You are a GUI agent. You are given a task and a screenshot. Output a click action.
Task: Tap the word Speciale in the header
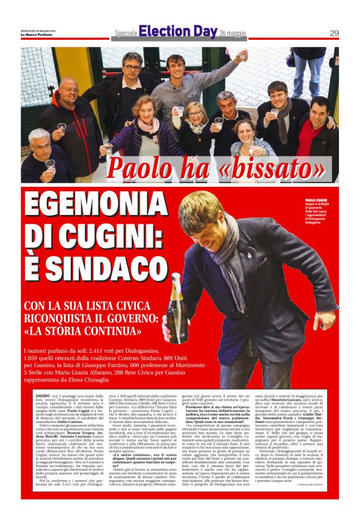(x=125, y=33)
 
